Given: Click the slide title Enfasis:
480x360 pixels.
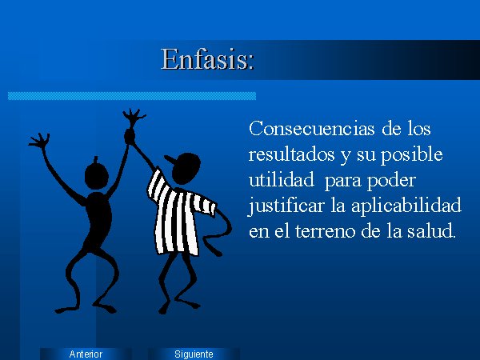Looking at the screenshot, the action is pos(207,58).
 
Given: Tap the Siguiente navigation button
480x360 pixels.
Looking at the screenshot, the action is pos(194,354).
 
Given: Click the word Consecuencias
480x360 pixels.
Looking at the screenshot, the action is pos(312,128).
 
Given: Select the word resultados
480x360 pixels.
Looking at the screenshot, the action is pos(291,154).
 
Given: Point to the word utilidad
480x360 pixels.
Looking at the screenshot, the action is pos(281,179).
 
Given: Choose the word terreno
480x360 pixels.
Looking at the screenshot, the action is pos(326,231).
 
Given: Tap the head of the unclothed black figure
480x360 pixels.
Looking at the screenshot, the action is pos(97,174).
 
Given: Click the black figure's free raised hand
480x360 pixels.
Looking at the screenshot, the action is pos(40,141).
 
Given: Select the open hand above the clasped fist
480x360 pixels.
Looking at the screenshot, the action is pos(134,117).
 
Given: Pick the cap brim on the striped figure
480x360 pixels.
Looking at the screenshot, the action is pos(170,160).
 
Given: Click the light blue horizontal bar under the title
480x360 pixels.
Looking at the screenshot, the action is pos(132,96).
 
